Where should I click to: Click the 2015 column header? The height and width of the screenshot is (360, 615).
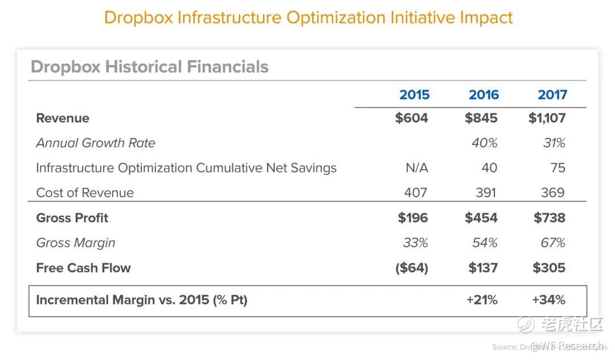tap(414, 95)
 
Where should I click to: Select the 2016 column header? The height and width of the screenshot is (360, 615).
tap(483, 95)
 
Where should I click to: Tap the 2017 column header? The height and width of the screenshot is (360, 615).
tap(552, 95)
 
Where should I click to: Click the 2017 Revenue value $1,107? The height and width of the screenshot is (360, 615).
tap(547, 118)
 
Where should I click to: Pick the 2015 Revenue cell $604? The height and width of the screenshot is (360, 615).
tap(411, 118)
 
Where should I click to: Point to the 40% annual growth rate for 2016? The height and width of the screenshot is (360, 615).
tap(484, 143)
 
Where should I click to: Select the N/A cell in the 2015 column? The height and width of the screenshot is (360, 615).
tap(416, 168)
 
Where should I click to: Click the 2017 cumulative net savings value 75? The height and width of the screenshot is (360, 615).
tap(557, 168)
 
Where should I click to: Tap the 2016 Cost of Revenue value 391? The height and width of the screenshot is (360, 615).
tap(486, 193)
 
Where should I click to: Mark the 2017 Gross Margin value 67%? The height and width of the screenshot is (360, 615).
tap(552, 243)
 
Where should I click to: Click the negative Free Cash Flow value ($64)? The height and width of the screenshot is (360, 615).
tap(411, 268)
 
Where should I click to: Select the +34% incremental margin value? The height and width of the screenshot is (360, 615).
tap(548, 300)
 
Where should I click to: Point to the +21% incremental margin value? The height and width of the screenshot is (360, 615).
tap(482, 300)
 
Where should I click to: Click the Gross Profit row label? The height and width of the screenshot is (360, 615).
tap(72, 218)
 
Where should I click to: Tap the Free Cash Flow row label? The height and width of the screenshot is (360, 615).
tap(83, 268)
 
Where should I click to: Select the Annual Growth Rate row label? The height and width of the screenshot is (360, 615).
tap(96, 143)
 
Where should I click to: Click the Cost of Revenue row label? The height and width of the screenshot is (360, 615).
tap(85, 193)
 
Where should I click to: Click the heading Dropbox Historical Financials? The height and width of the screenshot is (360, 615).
tap(149, 67)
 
